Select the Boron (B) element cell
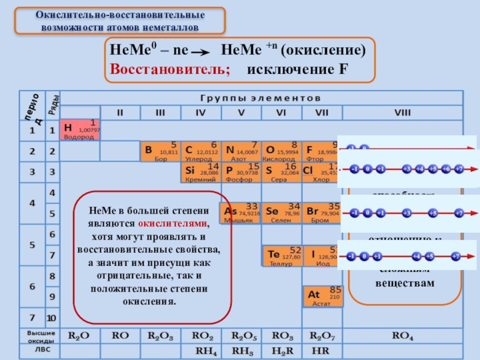pyautogui.click(x=160, y=152)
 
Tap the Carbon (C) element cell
pyautogui.click(x=200, y=152)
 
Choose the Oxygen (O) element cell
pyautogui.click(x=281, y=152)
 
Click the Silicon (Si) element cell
pyautogui.click(x=200, y=173)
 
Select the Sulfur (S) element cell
pyautogui.click(x=281, y=173)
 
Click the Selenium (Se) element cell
pyautogui.click(x=281, y=213)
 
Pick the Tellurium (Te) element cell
pyautogui.click(x=282, y=256)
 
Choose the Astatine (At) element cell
pyautogui.click(x=323, y=296)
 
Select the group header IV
pyautogui.click(x=200, y=112)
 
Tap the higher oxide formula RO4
pyautogui.click(x=403, y=337)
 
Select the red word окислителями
pyautogui.click(x=178, y=222)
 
